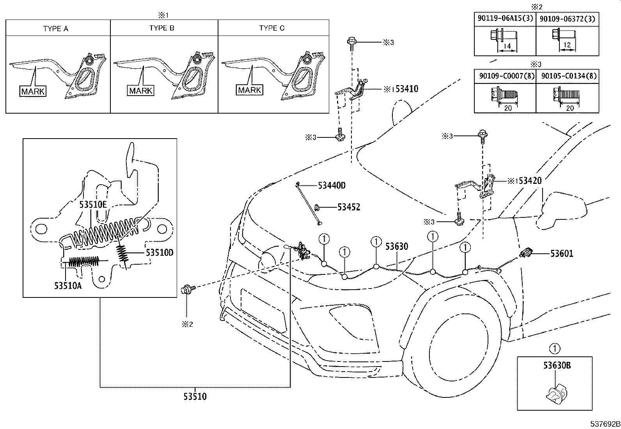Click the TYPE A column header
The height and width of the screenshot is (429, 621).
56,28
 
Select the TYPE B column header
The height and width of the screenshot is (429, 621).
161,28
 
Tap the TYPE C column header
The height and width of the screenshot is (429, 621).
271,28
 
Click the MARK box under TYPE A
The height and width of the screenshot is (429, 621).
33,91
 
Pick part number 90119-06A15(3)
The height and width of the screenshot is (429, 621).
506,18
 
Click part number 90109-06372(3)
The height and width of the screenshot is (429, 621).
568,19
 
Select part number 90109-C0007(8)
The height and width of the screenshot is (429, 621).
507,76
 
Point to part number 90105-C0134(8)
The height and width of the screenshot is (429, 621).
569,76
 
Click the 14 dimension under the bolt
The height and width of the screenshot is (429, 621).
507,46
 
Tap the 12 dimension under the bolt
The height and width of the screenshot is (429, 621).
567,45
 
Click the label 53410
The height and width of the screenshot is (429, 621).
407,89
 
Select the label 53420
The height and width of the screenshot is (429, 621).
530,181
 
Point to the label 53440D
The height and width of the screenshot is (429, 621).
332,185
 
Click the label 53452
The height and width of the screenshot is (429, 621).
349,207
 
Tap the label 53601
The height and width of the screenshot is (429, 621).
562,253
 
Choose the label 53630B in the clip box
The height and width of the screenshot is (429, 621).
557,365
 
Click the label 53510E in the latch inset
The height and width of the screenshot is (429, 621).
93,205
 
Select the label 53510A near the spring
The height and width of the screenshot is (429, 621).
68,285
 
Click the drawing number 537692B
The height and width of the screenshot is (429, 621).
605,424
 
